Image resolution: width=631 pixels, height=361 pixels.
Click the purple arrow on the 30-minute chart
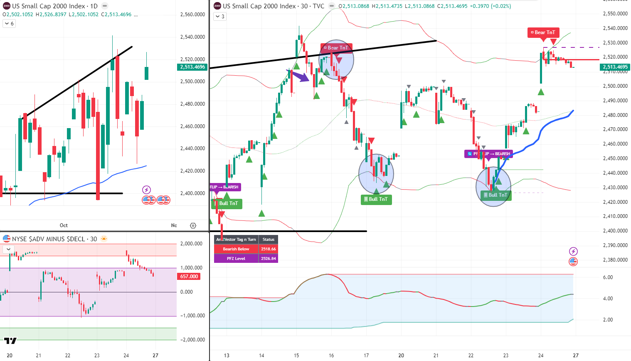tap(299, 75)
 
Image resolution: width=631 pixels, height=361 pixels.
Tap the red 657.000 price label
tap(189, 277)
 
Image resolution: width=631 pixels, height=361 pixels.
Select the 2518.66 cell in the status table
tap(268, 249)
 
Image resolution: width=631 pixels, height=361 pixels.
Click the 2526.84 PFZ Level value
tap(268, 259)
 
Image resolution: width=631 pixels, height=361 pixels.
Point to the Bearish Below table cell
tap(236, 249)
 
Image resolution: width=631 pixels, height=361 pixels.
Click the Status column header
tap(268, 239)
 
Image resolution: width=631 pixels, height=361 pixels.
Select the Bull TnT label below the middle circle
tap(376, 199)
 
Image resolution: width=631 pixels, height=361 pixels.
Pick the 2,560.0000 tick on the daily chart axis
tap(192, 15)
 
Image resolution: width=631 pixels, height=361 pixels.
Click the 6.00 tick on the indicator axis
tap(608, 277)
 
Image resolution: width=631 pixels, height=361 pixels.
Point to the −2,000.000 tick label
tap(192, 340)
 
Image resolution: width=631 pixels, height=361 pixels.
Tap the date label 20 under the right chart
tap(401, 356)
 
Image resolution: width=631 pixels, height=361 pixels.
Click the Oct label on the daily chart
tap(64, 225)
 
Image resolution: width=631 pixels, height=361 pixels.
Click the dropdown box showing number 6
tap(9, 24)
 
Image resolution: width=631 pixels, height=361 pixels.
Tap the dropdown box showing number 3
tap(220, 17)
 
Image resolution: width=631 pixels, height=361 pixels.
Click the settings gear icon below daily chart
tap(193, 225)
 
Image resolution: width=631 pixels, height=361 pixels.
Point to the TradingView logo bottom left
tap(10, 341)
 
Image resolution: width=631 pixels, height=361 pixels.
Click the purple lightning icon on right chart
tap(573, 251)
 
